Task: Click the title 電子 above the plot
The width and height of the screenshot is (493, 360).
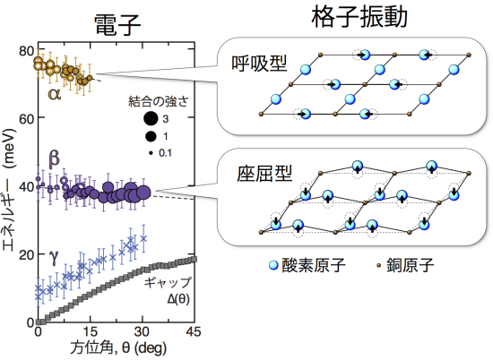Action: pos(117,26)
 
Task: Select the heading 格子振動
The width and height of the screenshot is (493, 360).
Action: pos(359,16)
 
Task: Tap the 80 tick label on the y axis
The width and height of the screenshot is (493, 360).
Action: pos(26,50)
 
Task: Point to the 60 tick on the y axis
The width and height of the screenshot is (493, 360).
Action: pos(26,119)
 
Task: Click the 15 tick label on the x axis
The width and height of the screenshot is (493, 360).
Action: pos(90,331)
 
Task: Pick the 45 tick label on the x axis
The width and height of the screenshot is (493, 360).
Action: pos(193,331)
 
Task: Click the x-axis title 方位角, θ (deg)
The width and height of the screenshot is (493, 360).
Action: pos(118,348)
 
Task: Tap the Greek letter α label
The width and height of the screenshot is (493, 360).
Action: pos(55,94)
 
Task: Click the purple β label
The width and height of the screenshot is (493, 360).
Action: pos(54,158)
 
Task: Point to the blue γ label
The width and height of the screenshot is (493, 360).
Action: pos(54,257)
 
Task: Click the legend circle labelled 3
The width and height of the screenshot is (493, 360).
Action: pos(151,119)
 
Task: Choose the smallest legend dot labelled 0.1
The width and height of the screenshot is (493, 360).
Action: pos(151,153)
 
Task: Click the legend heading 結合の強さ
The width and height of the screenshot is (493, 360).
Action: pos(159,101)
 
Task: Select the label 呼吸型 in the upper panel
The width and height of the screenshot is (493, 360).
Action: pos(259,64)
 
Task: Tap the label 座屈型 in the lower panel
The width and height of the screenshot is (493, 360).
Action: pos(264,174)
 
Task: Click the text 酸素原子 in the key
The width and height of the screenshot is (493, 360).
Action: pos(314,265)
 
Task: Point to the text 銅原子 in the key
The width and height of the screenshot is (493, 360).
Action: pos(410,265)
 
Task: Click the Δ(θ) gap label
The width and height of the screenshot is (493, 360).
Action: pos(178,298)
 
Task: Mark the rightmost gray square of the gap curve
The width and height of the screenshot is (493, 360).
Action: pos(195,259)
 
